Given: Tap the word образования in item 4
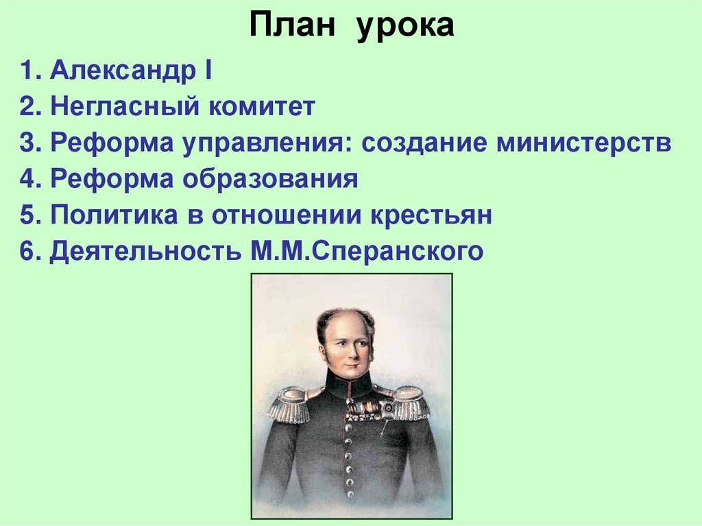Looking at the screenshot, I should click(270, 180).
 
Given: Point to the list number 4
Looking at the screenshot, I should click(27, 180).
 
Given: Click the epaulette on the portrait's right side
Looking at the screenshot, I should click(409, 403).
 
